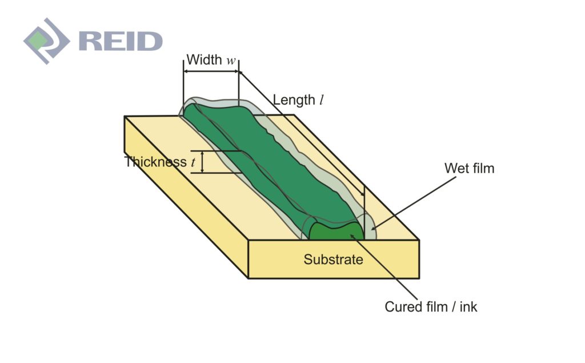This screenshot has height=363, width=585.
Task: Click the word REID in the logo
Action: coord(121,41)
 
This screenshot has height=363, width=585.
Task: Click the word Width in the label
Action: coord(204,59)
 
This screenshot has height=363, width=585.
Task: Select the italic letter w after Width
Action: coord(231,61)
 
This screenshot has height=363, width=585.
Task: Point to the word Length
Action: coord(294,99)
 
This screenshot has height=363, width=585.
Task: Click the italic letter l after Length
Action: coord(322,100)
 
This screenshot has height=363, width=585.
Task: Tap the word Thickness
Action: coord(155,162)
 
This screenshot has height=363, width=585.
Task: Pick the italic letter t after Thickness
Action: coord(193,163)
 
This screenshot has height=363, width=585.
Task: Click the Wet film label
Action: coord(469,168)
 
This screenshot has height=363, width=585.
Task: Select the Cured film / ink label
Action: coord(431,307)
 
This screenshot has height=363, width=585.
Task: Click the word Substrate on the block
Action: coord(333,260)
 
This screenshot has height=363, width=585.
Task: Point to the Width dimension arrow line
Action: coord(211,71)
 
